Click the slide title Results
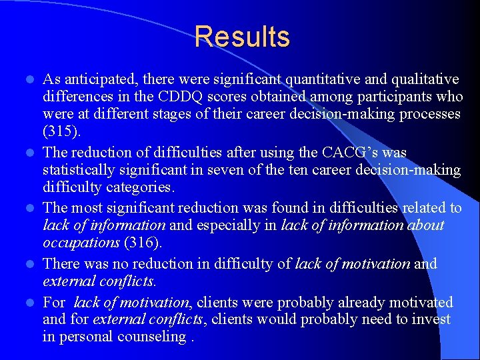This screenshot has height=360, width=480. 242,37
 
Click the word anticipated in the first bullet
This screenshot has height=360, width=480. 99,80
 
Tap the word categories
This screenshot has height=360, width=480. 140,187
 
